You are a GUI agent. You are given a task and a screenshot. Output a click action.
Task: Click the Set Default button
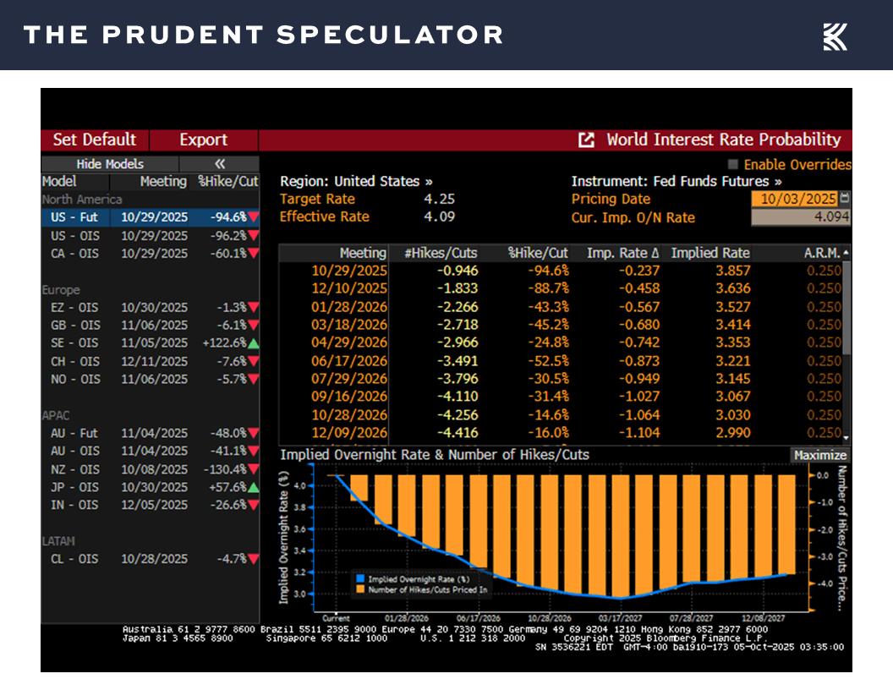94,140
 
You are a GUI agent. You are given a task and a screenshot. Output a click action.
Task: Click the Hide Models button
110,164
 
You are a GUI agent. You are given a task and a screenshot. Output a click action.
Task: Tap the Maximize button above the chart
819,455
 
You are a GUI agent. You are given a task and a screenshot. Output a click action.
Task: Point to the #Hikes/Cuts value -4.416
457,433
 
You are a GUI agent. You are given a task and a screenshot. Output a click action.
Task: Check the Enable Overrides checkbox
733,165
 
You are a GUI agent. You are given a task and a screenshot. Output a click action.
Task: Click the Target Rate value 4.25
440,200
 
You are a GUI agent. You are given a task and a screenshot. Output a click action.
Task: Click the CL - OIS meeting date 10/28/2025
154,559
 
